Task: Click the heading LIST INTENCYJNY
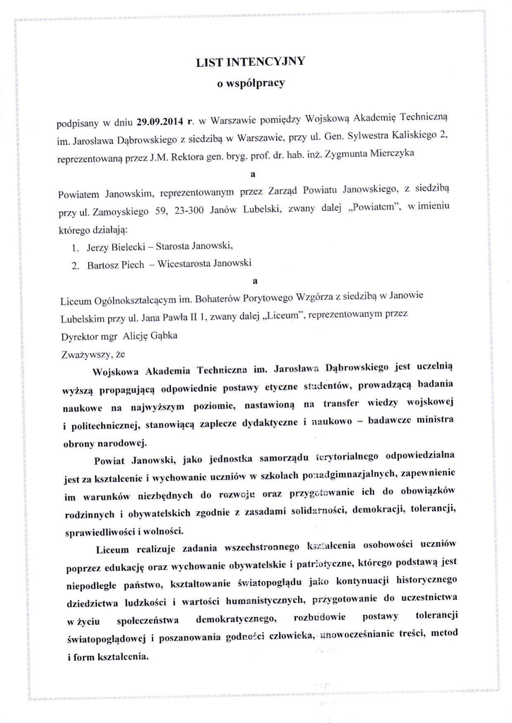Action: (250, 62)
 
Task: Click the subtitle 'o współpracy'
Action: (250, 83)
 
